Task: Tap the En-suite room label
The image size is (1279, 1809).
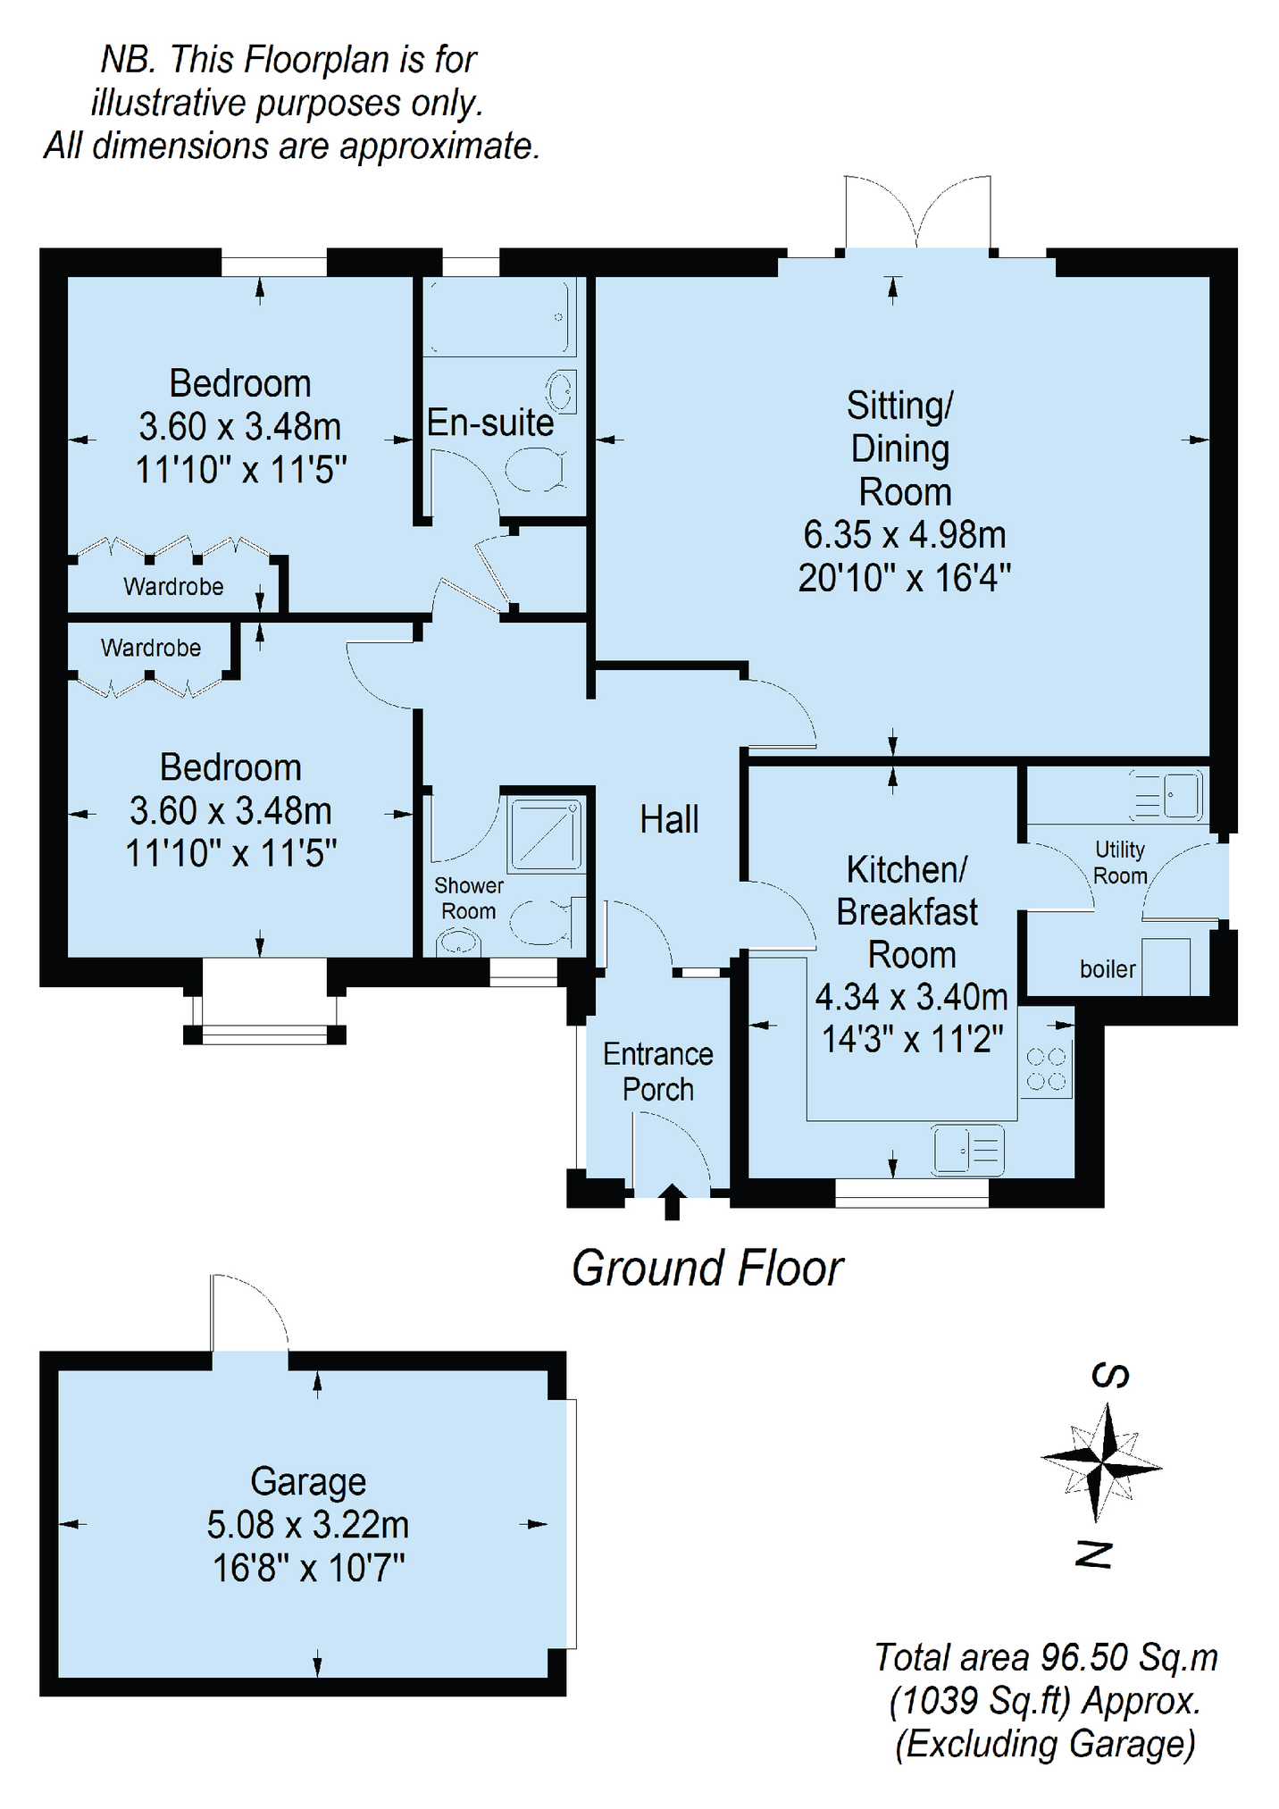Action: (490, 423)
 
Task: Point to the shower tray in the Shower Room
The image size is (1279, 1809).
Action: (545, 835)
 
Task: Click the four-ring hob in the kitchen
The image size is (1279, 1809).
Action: (1046, 1069)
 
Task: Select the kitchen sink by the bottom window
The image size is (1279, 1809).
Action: (968, 1149)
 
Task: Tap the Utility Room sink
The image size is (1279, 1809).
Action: (1168, 794)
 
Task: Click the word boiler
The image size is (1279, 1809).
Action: (1108, 969)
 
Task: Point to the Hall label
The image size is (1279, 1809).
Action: (669, 819)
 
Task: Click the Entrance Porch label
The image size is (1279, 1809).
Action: (658, 1071)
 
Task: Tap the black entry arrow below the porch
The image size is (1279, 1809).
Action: (672, 1202)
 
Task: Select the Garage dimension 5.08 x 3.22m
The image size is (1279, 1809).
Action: (308, 1524)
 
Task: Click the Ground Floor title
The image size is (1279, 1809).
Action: (707, 1269)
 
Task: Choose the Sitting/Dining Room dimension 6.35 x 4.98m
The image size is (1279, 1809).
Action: (905, 534)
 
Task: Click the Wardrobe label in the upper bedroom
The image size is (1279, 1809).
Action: (173, 586)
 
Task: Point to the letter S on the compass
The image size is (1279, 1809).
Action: (1110, 1376)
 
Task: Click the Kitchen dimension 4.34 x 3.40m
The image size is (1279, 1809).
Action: (912, 996)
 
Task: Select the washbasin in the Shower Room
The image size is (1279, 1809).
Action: (459, 942)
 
